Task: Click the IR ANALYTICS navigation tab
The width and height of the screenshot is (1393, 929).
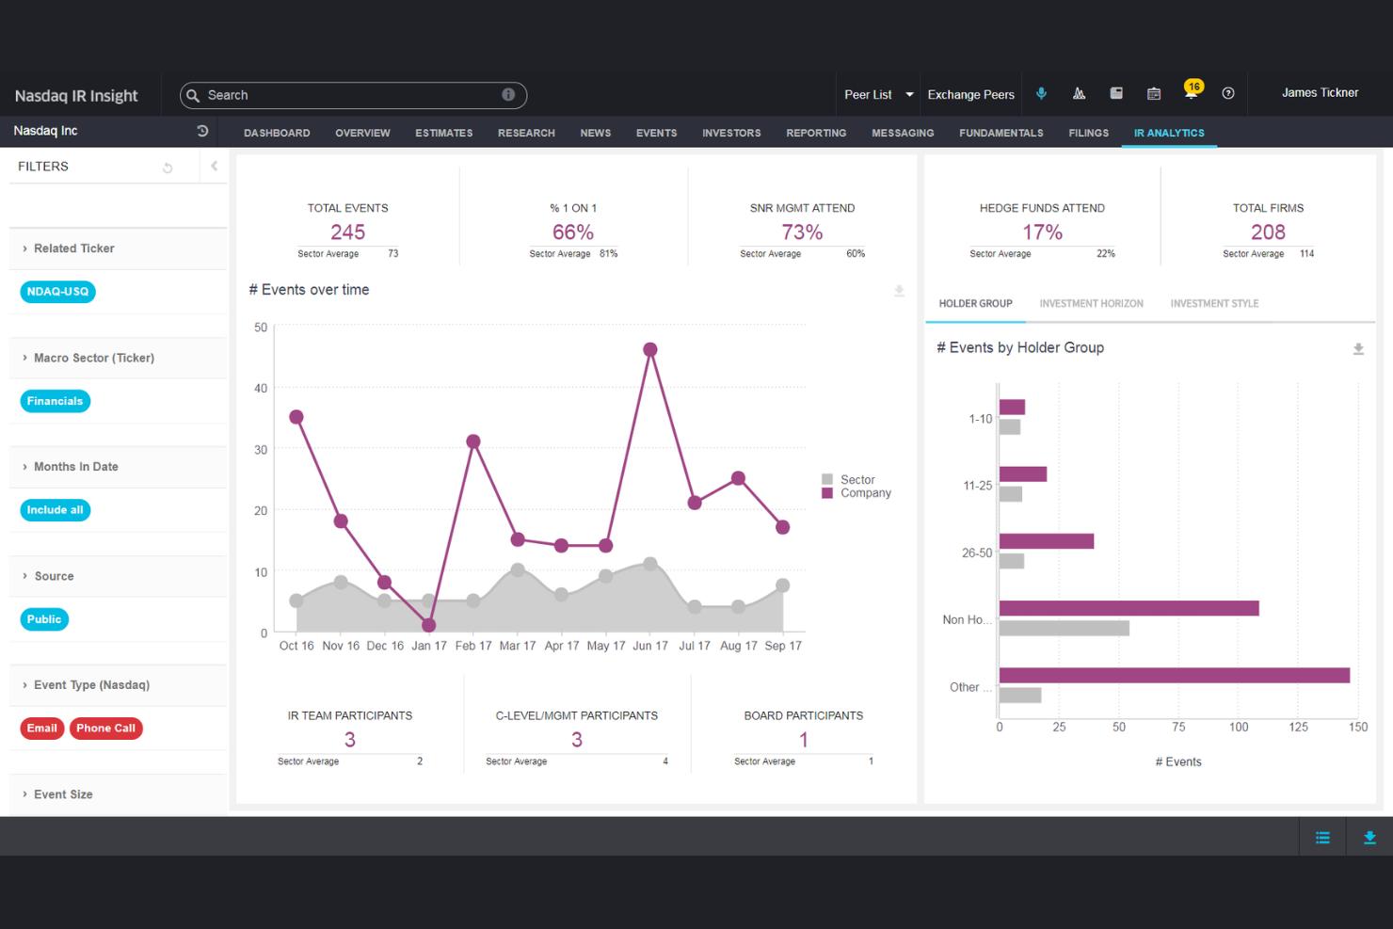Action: tap(1168, 133)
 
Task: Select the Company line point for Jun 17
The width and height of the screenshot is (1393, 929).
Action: tap(649, 349)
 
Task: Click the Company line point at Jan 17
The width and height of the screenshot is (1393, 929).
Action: tap(428, 625)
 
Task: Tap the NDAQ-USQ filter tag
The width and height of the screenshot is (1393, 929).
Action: tap(57, 292)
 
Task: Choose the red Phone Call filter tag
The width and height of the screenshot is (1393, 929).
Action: tap(105, 729)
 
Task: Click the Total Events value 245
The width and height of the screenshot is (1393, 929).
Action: tap(347, 232)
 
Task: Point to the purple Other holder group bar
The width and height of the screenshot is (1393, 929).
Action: tap(1174, 675)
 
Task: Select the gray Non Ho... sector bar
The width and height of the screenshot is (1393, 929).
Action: tap(1064, 629)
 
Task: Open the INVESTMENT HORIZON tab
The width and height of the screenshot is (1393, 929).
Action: tap(1091, 304)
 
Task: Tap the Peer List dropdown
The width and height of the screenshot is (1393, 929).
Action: tap(878, 95)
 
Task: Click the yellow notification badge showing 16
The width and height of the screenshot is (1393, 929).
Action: tap(1193, 87)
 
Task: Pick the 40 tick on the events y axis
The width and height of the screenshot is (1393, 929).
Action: tap(261, 389)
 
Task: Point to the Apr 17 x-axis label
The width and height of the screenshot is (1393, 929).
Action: tap(562, 646)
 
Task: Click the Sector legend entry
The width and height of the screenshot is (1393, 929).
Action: tap(857, 480)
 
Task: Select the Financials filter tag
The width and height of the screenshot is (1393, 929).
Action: tap(55, 401)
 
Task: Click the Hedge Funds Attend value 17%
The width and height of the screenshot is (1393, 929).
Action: tap(1042, 232)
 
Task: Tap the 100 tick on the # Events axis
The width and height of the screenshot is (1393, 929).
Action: tap(1239, 728)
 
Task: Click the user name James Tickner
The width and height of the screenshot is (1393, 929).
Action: tap(1320, 93)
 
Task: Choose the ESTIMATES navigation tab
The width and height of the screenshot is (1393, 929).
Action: tap(443, 134)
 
